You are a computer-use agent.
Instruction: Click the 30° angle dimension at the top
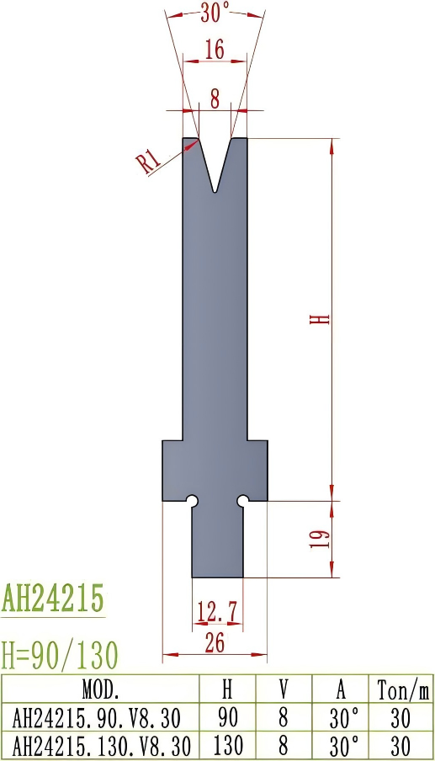(215, 12)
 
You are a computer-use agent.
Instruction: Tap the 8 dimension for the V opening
(215, 100)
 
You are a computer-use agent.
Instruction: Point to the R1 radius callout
(150, 160)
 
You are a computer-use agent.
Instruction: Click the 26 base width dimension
(215, 642)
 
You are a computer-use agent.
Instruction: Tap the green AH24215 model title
(53, 599)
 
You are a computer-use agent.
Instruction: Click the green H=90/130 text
(60, 653)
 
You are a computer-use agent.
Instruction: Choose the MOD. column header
(101, 690)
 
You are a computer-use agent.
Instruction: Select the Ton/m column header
(403, 690)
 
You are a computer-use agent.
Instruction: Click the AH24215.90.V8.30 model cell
(101, 718)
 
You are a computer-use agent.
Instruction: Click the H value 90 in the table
(227, 718)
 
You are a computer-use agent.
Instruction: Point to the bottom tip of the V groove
(215, 190)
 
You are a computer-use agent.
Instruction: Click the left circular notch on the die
(192, 501)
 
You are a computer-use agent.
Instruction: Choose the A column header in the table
(341, 690)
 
